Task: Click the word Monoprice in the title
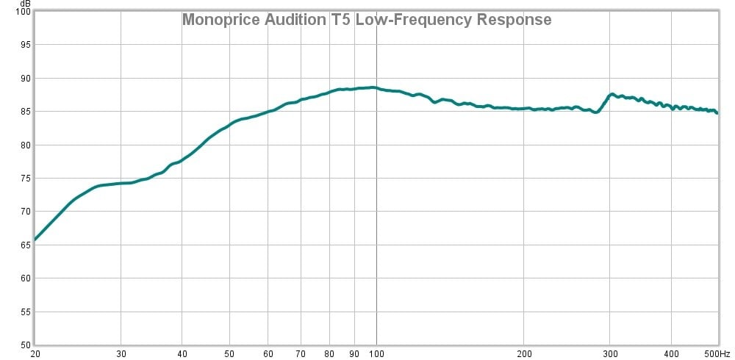click(218, 20)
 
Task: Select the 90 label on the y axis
click(26, 79)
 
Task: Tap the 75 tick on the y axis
click(26, 179)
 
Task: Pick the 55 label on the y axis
click(26, 312)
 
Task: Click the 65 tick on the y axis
click(26, 245)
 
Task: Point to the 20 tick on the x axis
click(35, 353)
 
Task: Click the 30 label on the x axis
click(121, 353)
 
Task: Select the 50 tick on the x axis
click(229, 353)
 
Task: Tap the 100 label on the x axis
click(376, 353)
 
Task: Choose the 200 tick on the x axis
click(523, 353)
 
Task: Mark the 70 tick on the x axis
click(301, 353)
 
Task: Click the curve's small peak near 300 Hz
click(612, 94)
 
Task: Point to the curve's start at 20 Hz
click(35, 240)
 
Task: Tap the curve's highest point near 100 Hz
click(373, 87)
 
